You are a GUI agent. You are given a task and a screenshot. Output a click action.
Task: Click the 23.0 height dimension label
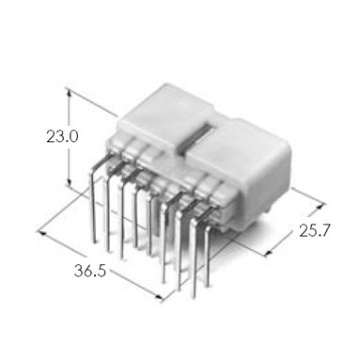tap(62, 137)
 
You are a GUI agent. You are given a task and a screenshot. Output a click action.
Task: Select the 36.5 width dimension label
tap(90, 271)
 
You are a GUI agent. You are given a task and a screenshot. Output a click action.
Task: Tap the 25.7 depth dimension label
tap(315, 231)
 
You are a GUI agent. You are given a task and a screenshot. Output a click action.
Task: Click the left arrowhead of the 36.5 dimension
tap(41, 233)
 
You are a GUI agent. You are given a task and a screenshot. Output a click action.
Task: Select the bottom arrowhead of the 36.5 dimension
tap(160, 297)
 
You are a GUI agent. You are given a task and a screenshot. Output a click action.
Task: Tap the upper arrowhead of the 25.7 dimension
tap(321, 206)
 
